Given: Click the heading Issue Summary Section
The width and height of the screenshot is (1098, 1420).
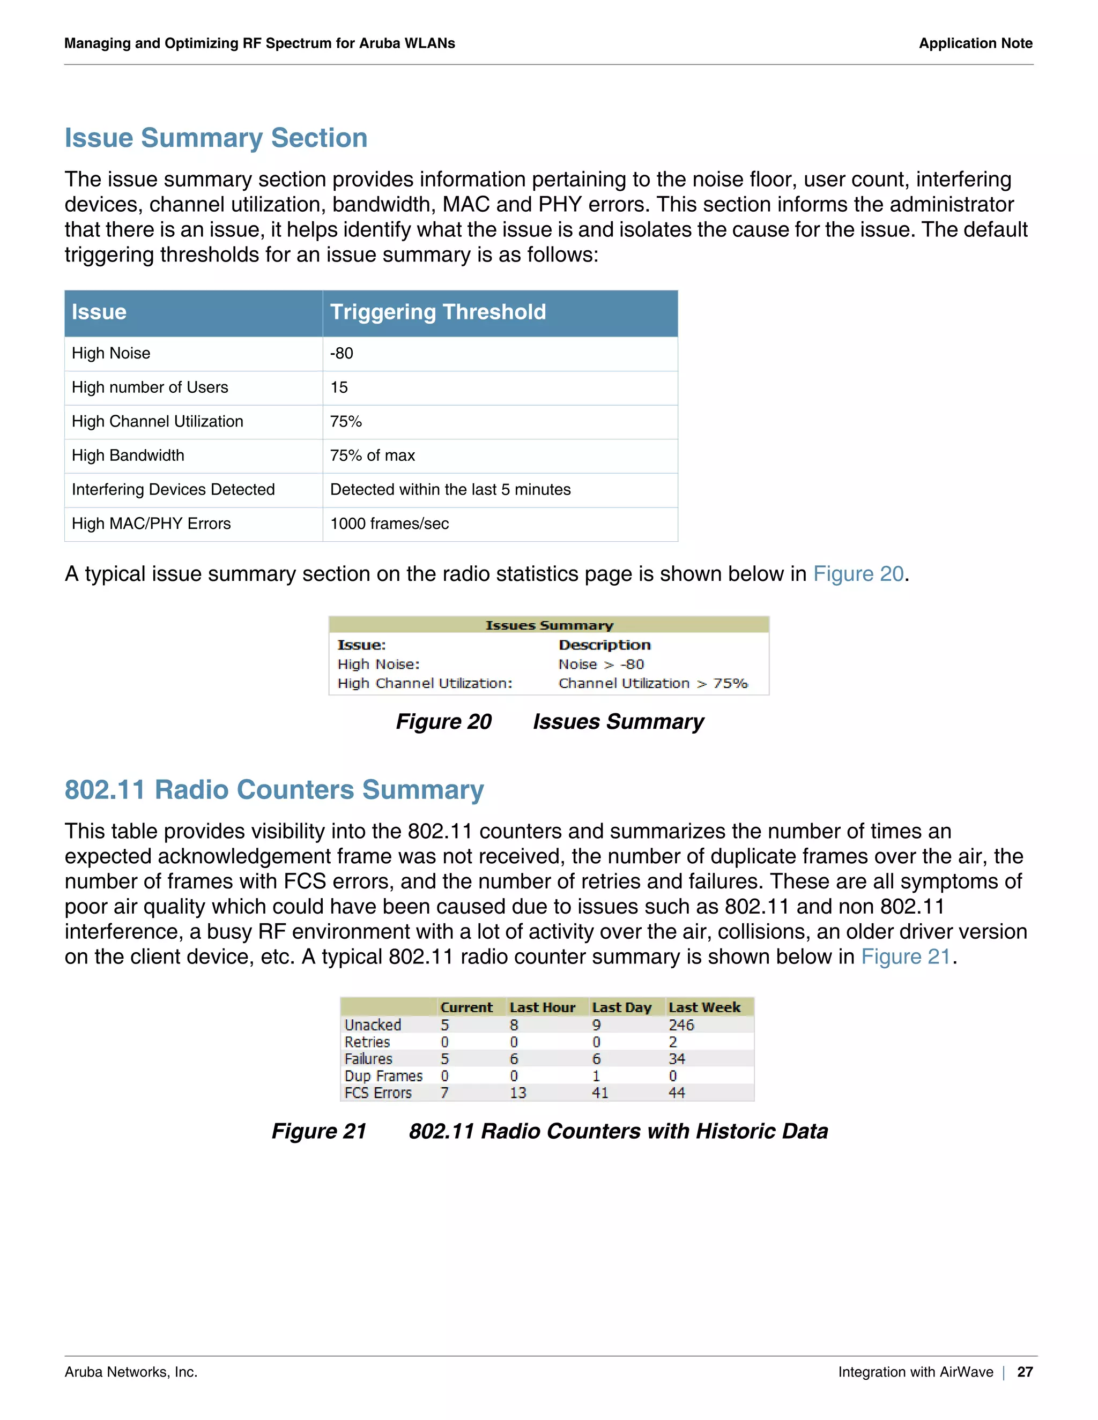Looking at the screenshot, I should point(216,138).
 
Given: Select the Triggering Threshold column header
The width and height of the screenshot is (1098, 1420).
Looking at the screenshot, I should point(438,312).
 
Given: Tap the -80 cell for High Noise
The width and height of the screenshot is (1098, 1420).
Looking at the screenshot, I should point(342,353).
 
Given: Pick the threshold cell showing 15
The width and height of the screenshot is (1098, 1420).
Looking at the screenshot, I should point(339,387).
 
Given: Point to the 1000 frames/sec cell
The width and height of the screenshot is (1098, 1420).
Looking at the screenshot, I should point(389,524).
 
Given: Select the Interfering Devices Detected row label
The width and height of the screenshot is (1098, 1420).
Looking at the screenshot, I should point(173,490).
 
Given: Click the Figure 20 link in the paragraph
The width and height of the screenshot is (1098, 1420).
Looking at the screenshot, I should point(858,573).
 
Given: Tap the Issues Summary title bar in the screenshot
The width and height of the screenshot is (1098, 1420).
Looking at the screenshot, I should point(549,625).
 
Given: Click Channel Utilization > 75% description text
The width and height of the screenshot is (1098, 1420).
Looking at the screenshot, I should point(653,683).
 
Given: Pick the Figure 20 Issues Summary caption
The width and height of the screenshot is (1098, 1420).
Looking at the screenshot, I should point(549,722).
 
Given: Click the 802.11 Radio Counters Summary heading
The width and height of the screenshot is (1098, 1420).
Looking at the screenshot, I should point(274,789).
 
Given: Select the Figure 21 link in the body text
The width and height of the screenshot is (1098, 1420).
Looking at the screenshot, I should point(906,956).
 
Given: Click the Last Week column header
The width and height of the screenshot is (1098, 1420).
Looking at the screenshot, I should point(704,1007).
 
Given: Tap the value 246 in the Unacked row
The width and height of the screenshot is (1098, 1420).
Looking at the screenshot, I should point(681,1025).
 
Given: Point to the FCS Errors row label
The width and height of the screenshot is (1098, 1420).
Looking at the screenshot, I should point(378,1093).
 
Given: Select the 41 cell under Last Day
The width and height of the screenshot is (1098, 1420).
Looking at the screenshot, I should point(600,1093).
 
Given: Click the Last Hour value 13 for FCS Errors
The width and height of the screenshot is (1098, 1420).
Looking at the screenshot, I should point(518,1093).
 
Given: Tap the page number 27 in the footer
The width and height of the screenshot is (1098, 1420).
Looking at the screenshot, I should point(1025,1372).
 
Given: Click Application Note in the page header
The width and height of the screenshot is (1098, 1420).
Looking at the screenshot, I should point(975,43).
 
